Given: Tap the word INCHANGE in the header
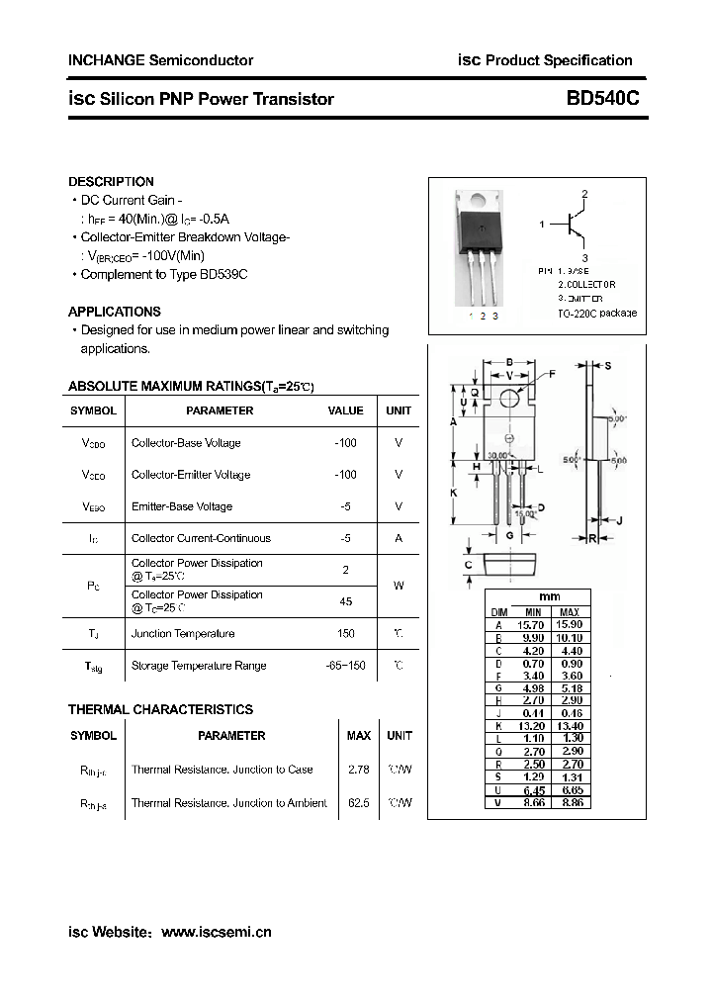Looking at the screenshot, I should point(105,60).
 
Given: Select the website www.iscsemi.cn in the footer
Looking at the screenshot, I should point(216,932).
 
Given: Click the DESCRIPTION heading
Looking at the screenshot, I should point(111,182).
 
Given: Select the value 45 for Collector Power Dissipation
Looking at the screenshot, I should point(345,601).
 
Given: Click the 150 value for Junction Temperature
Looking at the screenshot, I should point(345,633).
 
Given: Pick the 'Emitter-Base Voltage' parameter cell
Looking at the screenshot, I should point(181,506).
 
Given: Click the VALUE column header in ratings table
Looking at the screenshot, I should point(345,410).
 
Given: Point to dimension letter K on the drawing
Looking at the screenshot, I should point(453,492).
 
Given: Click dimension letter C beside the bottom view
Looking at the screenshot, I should point(469,565).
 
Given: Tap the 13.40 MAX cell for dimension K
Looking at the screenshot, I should point(570,725).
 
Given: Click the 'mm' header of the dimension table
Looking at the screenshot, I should point(549,597).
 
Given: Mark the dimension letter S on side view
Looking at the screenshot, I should point(607,366).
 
